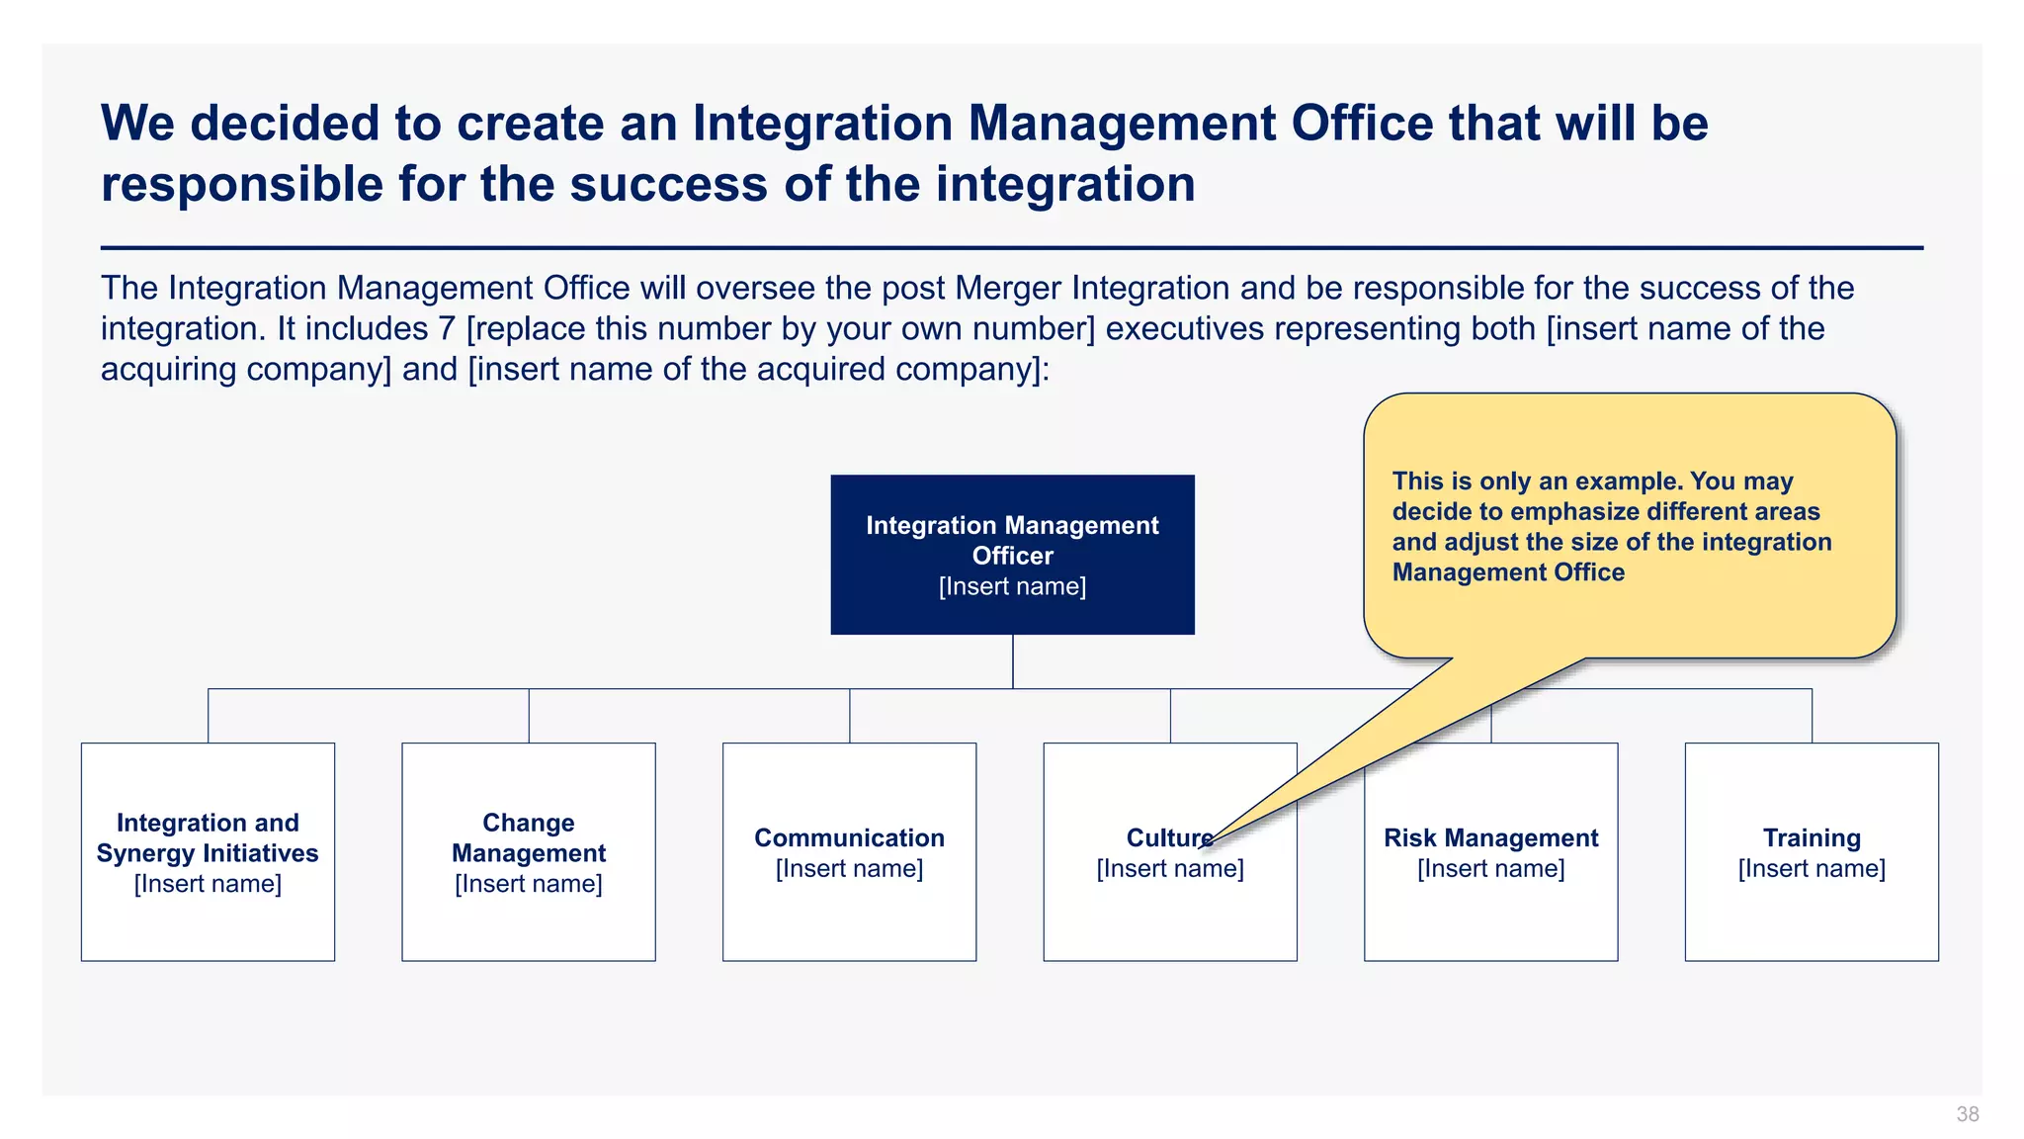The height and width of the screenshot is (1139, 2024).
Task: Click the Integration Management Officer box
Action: click(x=1012, y=555)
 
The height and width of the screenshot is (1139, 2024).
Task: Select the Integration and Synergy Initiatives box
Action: click(x=208, y=851)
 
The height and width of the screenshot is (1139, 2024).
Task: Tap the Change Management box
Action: click(x=528, y=851)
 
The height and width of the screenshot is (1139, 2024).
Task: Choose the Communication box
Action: click(x=849, y=851)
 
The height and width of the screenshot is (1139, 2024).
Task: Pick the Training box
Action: click(x=1811, y=851)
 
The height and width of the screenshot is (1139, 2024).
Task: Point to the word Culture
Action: click(x=1166, y=838)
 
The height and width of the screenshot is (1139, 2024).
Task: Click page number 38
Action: click(x=1967, y=1114)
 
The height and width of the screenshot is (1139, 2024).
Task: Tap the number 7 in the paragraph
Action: click(x=447, y=329)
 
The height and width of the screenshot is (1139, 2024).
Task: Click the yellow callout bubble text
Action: click(x=1611, y=526)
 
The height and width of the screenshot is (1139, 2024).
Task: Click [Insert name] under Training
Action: click(x=1811, y=869)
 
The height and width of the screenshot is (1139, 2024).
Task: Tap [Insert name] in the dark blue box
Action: click(x=1012, y=586)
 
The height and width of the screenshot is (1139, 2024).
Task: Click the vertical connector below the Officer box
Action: click(x=1012, y=660)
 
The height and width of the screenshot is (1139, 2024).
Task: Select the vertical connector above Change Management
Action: click(x=529, y=716)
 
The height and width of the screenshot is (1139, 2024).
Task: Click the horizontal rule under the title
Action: click(x=1012, y=248)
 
